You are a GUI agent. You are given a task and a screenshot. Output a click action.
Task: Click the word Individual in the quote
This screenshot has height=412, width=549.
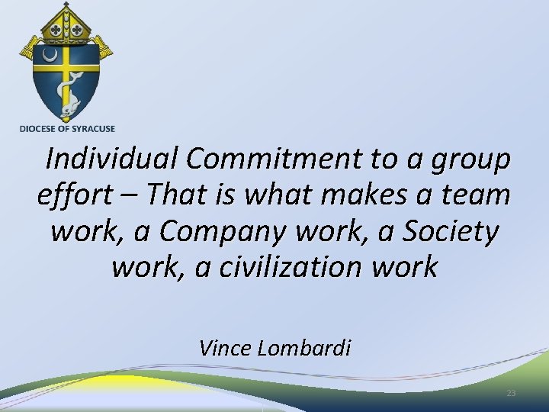pyautogui.click(x=112, y=159)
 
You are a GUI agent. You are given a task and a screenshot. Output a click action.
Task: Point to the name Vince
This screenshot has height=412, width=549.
pyautogui.click(x=226, y=349)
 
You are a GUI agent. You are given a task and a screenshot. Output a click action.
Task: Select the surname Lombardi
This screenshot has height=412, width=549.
pyautogui.click(x=304, y=349)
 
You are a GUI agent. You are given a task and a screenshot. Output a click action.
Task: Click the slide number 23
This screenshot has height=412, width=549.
pyautogui.click(x=511, y=393)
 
